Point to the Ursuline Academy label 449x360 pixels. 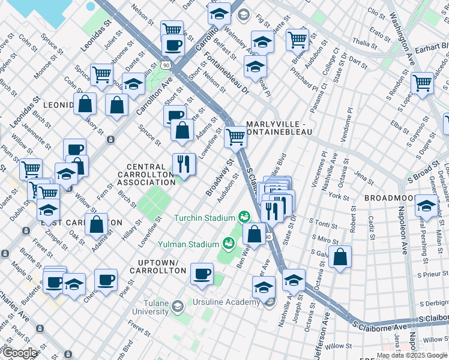(227, 301)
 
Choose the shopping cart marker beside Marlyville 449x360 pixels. (236, 137)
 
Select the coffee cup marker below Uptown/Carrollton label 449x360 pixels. (202, 274)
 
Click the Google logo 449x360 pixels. (20, 353)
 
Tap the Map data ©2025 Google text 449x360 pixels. (412, 355)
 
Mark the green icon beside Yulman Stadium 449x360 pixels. (228, 243)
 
